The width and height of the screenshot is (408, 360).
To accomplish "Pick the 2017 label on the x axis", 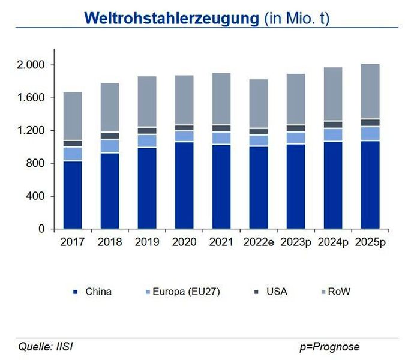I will (x=73, y=242).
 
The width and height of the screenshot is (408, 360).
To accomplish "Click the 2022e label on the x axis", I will (x=259, y=242).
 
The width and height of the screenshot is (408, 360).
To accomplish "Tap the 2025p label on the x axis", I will (x=370, y=242).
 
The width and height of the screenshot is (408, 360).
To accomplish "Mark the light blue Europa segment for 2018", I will (x=110, y=146).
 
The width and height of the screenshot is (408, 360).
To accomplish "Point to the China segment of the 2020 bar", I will (x=184, y=185).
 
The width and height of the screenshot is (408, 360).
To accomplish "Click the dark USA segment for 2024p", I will (x=333, y=125).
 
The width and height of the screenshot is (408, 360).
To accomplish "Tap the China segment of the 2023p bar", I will (x=296, y=187).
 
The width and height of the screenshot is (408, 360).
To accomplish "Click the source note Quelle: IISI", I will (x=46, y=347).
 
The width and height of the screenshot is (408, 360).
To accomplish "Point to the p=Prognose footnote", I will (x=329, y=347).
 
